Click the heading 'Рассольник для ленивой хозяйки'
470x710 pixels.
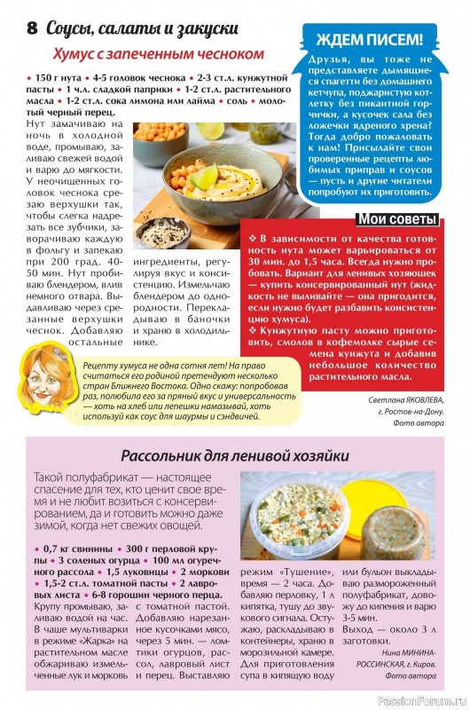click(234, 456)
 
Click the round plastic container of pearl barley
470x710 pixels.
click(297, 519)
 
